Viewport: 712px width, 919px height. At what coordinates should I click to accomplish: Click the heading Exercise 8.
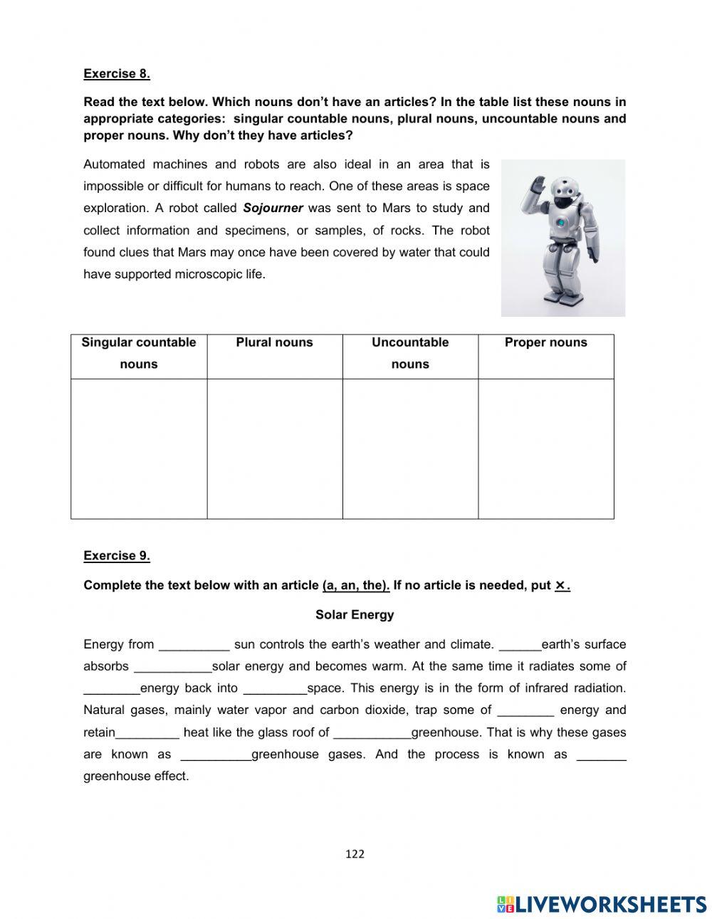[x=117, y=73]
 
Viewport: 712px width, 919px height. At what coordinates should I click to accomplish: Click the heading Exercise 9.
[x=117, y=556]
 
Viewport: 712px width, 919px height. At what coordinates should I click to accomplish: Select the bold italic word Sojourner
[x=273, y=209]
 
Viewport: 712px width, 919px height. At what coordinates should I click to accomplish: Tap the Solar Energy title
[x=355, y=614]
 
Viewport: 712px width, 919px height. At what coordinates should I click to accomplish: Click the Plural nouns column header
[x=274, y=342]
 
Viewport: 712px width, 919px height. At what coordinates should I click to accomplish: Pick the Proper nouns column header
[x=545, y=342]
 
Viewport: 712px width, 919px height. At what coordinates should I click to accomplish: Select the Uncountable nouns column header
[x=410, y=353]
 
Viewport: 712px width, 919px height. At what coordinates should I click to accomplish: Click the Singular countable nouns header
[x=139, y=353]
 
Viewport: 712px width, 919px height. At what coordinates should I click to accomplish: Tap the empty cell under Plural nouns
[x=274, y=448]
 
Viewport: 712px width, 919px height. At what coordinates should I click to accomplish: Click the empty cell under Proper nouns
[x=545, y=448]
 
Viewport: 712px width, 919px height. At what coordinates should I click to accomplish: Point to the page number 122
[x=355, y=854]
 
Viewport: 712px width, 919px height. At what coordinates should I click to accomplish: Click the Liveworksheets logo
[x=602, y=904]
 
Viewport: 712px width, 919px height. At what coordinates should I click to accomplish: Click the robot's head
[x=565, y=193]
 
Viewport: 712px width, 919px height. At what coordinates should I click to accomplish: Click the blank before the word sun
[x=194, y=646]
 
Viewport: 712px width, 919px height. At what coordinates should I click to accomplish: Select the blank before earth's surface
[x=520, y=646]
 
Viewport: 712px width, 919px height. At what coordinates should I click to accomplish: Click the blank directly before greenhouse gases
[x=216, y=755]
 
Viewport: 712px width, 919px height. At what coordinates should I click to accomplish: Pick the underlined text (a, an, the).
[x=356, y=585]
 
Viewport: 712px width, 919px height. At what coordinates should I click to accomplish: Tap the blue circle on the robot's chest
[x=561, y=222]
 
